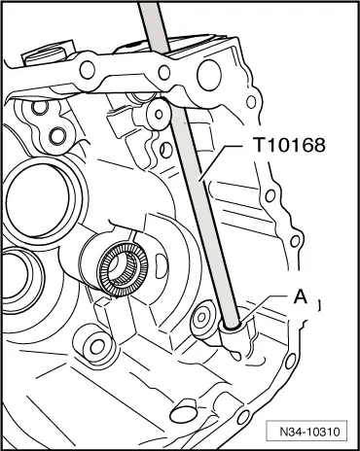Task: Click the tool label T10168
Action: pyautogui.click(x=289, y=145)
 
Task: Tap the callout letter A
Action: pyautogui.click(x=300, y=297)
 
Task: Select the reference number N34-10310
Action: pyautogui.click(x=309, y=432)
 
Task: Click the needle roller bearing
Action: pyautogui.click(x=124, y=268)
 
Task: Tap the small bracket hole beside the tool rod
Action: pyautogui.click(x=164, y=72)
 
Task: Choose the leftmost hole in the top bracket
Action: pyautogui.click(x=88, y=70)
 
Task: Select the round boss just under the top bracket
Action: pyautogui.click(x=159, y=115)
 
